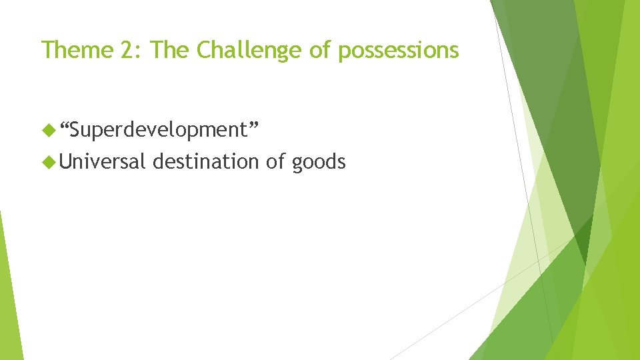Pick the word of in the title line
click(x=319, y=50)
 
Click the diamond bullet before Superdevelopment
click(x=47, y=131)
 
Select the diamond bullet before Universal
click(x=47, y=161)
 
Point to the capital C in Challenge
click(x=204, y=50)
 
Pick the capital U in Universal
click(x=66, y=161)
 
